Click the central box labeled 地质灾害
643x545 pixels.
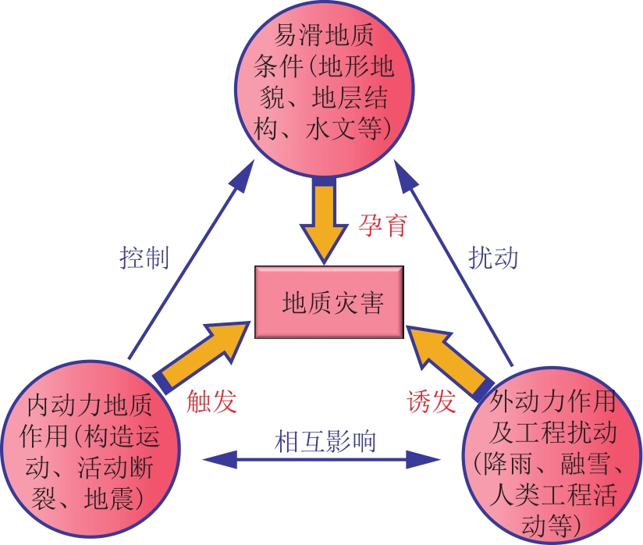pos(329,302)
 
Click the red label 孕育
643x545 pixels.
pos(382,225)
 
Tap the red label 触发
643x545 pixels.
pos(211,401)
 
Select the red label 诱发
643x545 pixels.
pos(432,401)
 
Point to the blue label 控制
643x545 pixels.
pos(144,258)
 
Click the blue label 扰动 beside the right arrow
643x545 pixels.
pos(493,258)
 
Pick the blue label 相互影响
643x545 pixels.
pos(325,441)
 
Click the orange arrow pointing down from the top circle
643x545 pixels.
pos(324,221)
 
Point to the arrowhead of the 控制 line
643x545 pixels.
pos(244,175)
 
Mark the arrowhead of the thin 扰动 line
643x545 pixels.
pos(405,175)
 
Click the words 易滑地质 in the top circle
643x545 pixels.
pos(324,35)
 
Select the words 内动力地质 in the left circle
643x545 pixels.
pos(90,404)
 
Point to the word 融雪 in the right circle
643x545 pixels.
pos(585,464)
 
